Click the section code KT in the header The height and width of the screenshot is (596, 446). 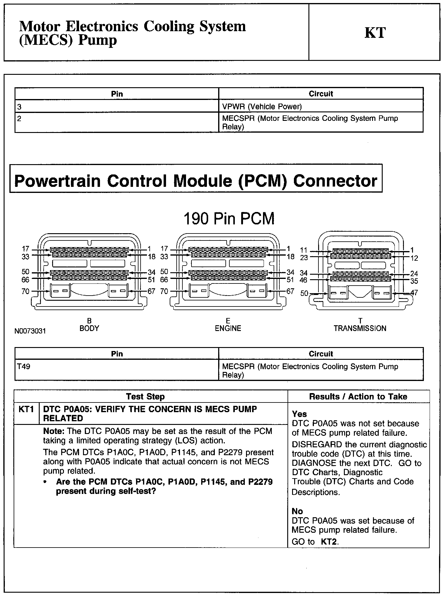point(375,33)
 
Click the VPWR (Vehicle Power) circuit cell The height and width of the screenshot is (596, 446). point(262,107)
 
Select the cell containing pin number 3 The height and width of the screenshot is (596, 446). point(19,107)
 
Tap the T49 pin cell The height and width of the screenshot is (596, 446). point(24,366)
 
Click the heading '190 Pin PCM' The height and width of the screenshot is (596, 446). point(229,219)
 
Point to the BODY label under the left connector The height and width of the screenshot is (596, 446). point(89,328)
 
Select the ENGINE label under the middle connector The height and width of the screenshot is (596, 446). point(228,328)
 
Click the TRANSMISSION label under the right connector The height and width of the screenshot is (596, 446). point(360,328)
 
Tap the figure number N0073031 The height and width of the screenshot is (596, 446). point(30,331)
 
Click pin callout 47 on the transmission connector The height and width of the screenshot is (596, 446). point(414,293)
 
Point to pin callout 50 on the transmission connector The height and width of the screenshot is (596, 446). point(304,293)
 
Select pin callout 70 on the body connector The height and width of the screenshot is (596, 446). point(25,291)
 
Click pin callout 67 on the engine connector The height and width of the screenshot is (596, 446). point(290,291)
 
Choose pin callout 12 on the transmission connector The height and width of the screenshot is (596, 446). point(414,258)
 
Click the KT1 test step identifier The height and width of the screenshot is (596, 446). point(26,409)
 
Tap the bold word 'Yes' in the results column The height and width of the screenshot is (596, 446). point(299,414)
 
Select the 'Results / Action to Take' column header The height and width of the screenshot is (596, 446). point(358,396)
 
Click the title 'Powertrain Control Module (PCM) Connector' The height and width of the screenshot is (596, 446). point(196,181)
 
